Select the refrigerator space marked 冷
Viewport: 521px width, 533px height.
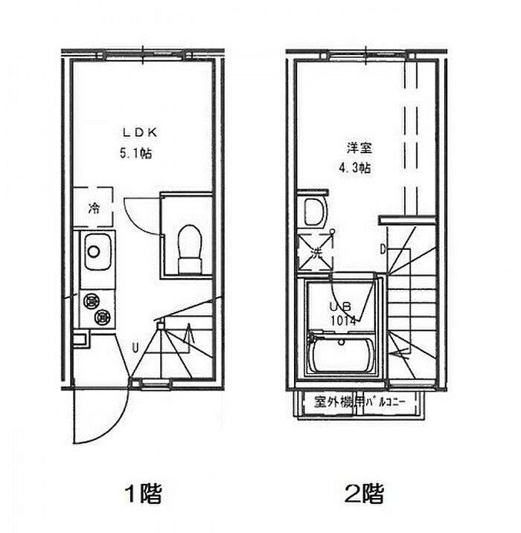94,208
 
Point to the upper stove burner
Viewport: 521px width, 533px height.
92,301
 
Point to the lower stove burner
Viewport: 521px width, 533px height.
101,318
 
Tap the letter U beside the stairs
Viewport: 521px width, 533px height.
135,346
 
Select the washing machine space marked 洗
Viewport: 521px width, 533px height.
315,252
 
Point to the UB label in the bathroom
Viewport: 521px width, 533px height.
340,306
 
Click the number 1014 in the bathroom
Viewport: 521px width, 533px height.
343,320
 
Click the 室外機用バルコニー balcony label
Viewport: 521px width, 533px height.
360,403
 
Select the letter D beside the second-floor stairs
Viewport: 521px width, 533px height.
383,249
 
